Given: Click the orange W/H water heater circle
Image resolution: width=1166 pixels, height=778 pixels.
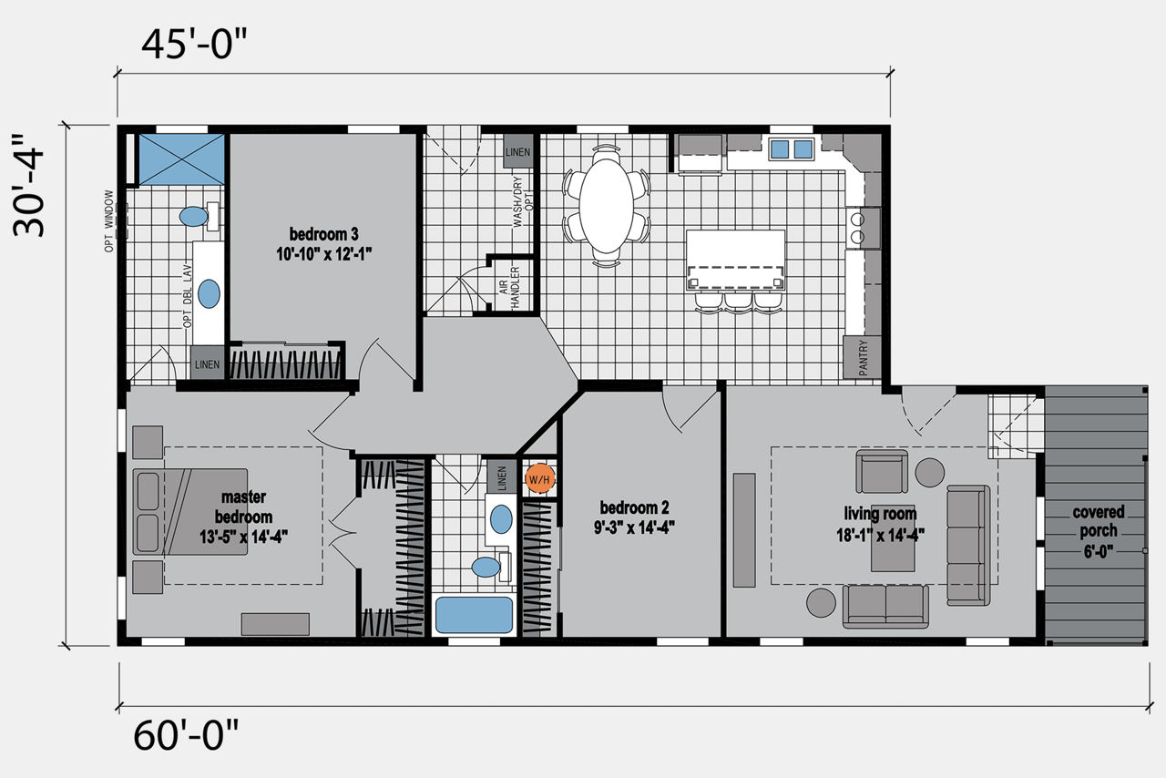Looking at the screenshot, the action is coord(539,478).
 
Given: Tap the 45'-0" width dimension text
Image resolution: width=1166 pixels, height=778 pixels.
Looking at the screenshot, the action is coord(194,45).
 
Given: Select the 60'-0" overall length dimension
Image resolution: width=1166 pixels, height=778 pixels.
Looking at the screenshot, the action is coord(187,735).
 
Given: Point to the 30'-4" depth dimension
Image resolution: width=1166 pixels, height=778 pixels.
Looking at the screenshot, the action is coord(28,186).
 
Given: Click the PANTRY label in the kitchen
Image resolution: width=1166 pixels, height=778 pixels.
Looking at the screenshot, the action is coord(863,358).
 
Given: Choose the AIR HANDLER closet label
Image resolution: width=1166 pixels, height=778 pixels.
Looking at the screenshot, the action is coord(509,287).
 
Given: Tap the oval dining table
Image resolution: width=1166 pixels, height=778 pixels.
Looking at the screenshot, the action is coord(606,206).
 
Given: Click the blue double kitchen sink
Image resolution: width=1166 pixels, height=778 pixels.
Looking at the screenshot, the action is coord(792,149).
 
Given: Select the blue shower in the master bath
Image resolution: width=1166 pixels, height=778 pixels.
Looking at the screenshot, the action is coord(181,159).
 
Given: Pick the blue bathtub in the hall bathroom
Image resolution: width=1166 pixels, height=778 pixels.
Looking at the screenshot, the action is coord(475,615).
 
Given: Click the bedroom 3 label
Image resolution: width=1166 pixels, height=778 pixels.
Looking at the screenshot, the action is coord(323,234).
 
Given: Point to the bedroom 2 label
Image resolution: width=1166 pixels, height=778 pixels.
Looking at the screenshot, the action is coord(634,507).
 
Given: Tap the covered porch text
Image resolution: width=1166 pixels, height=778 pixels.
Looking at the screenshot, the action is coord(1099,521).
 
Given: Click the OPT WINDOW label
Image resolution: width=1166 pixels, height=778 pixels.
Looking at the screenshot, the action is coord(108,220).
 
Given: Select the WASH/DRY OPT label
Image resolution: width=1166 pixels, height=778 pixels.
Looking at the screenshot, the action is coord(523,201).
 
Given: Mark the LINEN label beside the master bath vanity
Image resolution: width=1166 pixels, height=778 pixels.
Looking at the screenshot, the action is coord(207,364).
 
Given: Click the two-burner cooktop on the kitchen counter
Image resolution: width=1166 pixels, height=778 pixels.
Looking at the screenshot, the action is coord(856,228).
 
